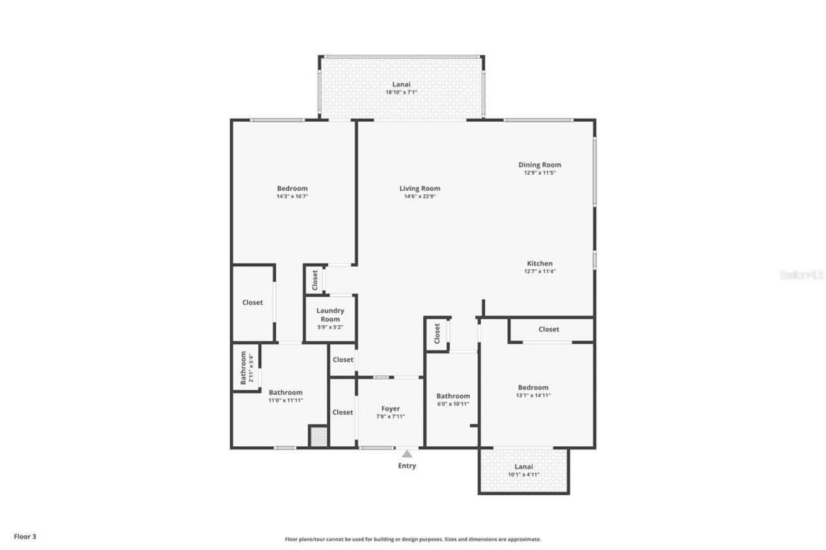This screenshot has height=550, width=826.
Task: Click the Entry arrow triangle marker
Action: pyautogui.click(x=407, y=454)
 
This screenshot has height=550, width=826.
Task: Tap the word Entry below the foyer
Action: pyautogui.click(x=407, y=466)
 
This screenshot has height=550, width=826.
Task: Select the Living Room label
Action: pyautogui.click(x=419, y=188)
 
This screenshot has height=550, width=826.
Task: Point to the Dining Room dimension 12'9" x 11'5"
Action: pyautogui.click(x=539, y=173)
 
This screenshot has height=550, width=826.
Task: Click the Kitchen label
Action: pyautogui.click(x=539, y=263)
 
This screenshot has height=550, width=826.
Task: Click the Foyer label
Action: pyautogui.click(x=390, y=408)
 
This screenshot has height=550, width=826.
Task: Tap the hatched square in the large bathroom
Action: pyautogui.click(x=318, y=436)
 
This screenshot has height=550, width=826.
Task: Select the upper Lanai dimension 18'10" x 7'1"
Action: pyautogui.click(x=401, y=92)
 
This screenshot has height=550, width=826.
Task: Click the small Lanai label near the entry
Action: pyautogui.click(x=523, y=466)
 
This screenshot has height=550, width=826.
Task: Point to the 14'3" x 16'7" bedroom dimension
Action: pyautogui.click(x=292, y=197)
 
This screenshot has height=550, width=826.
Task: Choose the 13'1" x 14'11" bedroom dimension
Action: pyautogui.click(x=533, y=395)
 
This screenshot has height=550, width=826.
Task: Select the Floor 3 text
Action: pyautogui.click(x=25, y=536)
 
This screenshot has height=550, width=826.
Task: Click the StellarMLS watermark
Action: pyautogui.click(x=801, y=275)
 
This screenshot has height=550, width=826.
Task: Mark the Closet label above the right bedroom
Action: pyautogui.click(x=549, y=329)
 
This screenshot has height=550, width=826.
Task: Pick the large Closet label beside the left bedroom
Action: pyautogui.click(x=252, y=302)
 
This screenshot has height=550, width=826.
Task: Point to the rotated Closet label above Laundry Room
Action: pyautogui.click(x=315, y=280)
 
